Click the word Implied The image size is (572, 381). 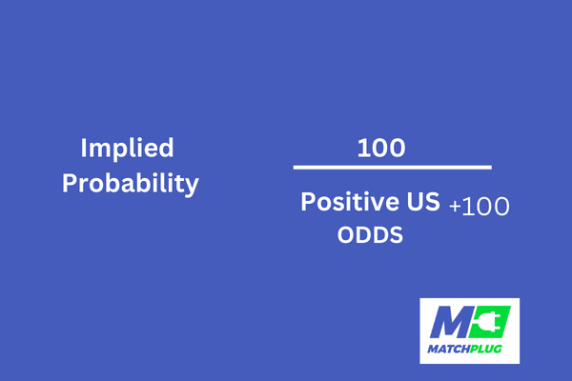(127, 150)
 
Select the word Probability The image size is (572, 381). (131, 184)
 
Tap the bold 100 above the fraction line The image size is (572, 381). (381, 148)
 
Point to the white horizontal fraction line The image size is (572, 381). (393, 168)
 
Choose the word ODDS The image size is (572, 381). (370, 235)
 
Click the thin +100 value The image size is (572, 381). (479, 207)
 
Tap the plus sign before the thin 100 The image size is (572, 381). (455, 207)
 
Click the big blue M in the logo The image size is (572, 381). (450, 322)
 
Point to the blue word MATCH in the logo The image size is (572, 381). (448, 350)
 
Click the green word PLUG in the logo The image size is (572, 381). (486, 350)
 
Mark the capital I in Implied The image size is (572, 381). (83, 148)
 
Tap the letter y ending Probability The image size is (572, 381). (192, 187)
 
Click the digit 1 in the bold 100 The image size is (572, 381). (362, 148)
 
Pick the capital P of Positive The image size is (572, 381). (308, 202)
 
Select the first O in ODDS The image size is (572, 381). (346, 235)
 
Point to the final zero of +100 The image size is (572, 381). (500, 207)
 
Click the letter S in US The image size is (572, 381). (433, 202)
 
